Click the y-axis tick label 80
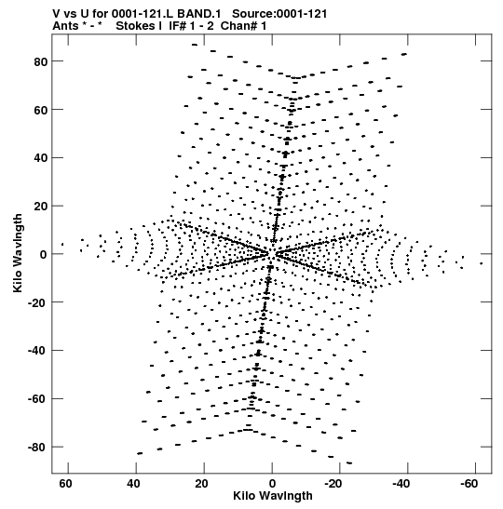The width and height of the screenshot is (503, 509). coord(41,61)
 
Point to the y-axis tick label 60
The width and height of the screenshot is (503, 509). coord(41,110)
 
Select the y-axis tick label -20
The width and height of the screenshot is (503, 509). coord(38,302)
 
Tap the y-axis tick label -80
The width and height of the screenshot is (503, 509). coord(38,448)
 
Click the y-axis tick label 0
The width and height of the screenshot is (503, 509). coord(44,255)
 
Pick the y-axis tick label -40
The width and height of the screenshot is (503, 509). coord(38,351)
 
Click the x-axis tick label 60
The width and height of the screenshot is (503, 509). coord(65,484)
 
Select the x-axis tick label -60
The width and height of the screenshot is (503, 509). coord(469,484)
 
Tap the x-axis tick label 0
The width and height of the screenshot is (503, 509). coord(272,484)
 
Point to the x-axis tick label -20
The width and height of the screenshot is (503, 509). coord(333,484)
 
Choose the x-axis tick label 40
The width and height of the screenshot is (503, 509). coord(133,484)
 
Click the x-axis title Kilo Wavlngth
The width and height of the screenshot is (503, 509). coord(273,496)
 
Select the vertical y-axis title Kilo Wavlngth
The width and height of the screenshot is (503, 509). coord(18,253)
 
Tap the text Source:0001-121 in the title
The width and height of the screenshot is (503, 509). coord(279,14)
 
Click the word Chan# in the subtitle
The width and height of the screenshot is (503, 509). coord(238,26)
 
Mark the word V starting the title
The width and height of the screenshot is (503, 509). coord(56,14)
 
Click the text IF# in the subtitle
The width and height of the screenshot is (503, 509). coord(177,26)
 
